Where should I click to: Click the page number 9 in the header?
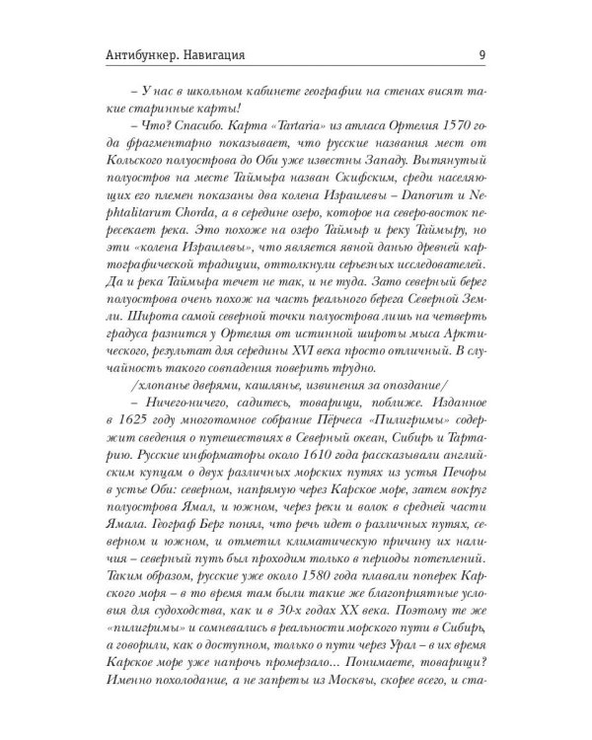click(x=480, y=54)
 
